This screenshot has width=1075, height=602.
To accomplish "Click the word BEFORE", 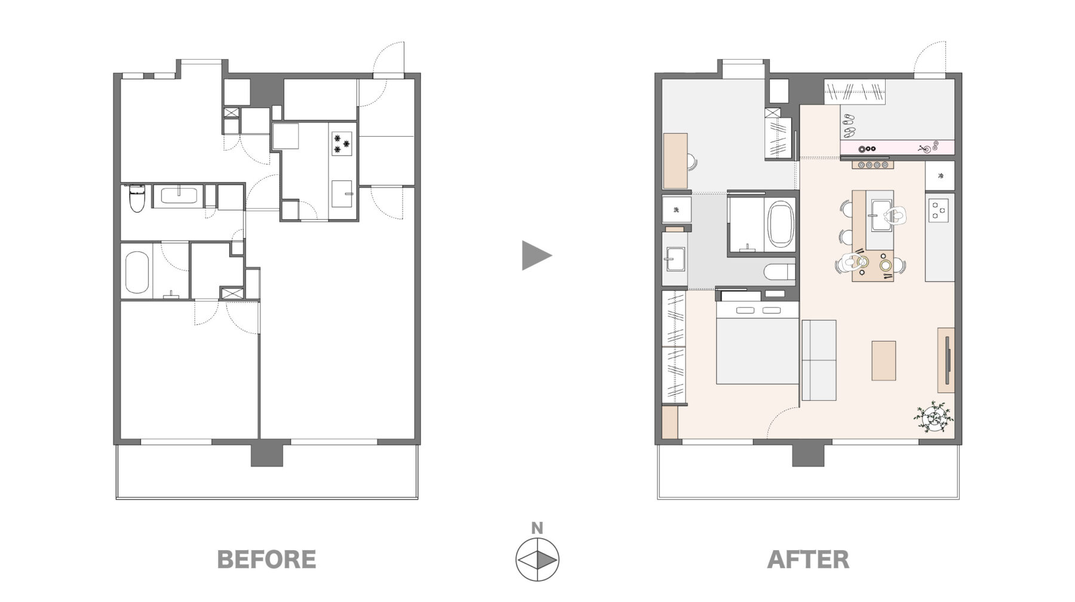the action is point(266,560).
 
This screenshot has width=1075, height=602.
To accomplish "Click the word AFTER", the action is point(808,560).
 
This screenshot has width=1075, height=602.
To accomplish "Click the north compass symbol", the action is point(537,560).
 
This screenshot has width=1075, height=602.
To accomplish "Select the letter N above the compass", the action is point(537,528).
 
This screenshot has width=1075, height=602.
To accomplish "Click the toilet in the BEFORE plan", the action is point(137,198).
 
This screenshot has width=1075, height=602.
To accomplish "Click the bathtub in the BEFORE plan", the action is point(137,272).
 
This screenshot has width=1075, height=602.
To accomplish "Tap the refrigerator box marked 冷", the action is point(940,176).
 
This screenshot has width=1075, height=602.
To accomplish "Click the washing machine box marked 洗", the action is point(677,210).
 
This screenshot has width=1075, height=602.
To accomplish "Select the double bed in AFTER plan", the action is point(757,343).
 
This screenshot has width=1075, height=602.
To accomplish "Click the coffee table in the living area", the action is point(884,360).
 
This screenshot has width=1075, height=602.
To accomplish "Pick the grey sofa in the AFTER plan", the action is point(819,360).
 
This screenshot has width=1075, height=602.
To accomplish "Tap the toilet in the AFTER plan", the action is point(781,272).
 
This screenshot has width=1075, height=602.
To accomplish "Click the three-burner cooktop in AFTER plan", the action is point(939,210).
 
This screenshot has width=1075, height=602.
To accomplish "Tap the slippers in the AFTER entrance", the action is point(849,124).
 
